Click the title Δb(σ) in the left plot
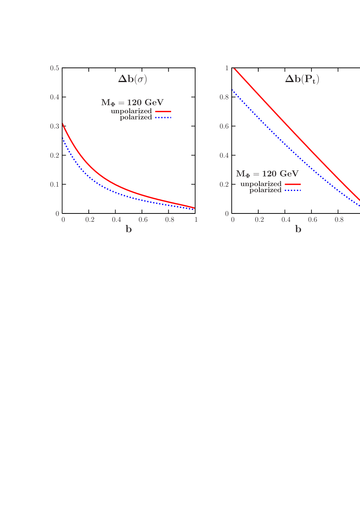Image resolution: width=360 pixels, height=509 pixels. [132, 79]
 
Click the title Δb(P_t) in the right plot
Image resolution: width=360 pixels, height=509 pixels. [302, 79]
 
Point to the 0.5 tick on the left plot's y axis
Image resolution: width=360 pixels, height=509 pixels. [54, 68]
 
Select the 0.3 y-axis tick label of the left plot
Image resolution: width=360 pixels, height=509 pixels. [54, 126]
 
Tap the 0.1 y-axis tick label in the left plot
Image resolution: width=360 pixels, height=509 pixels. [54, 184]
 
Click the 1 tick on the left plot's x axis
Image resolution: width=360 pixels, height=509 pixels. [196, 220]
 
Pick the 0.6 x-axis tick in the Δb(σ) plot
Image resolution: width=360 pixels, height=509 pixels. [143, 220]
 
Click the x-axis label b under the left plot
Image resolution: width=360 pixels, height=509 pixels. [129, 230]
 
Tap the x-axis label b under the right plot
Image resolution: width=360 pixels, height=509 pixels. [298, 230]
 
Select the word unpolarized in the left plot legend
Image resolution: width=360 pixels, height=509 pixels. [131, 112]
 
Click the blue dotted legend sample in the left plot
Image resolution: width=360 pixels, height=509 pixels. [163, 118]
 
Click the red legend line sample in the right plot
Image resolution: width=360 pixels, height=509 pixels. [292, 184]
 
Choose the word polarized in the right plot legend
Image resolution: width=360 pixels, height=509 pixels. [265, 190]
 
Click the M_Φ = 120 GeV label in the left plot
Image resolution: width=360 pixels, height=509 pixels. [132, 103]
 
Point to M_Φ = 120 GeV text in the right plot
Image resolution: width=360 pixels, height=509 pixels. [267, 174]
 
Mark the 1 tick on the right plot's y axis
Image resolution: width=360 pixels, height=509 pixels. [227, 68]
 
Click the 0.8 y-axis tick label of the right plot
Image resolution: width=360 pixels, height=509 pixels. [224, 97]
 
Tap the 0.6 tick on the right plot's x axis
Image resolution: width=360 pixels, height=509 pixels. [313, 220]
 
